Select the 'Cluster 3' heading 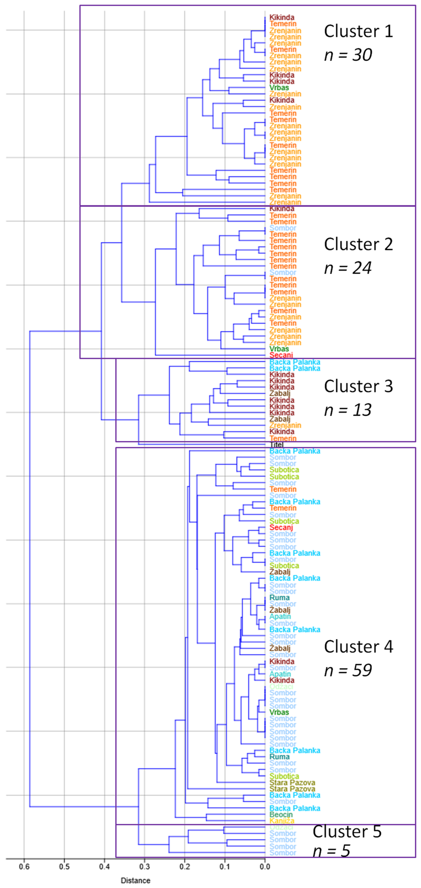358,386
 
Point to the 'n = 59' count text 348,670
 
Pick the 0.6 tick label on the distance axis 24,866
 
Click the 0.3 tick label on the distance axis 145,866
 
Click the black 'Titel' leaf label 276,445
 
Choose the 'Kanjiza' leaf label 282,821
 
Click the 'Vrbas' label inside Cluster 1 279,88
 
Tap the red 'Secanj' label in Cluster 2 281,355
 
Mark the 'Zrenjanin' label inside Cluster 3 285,425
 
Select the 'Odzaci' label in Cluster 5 281,827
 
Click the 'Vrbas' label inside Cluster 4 279,712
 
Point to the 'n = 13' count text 348,410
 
